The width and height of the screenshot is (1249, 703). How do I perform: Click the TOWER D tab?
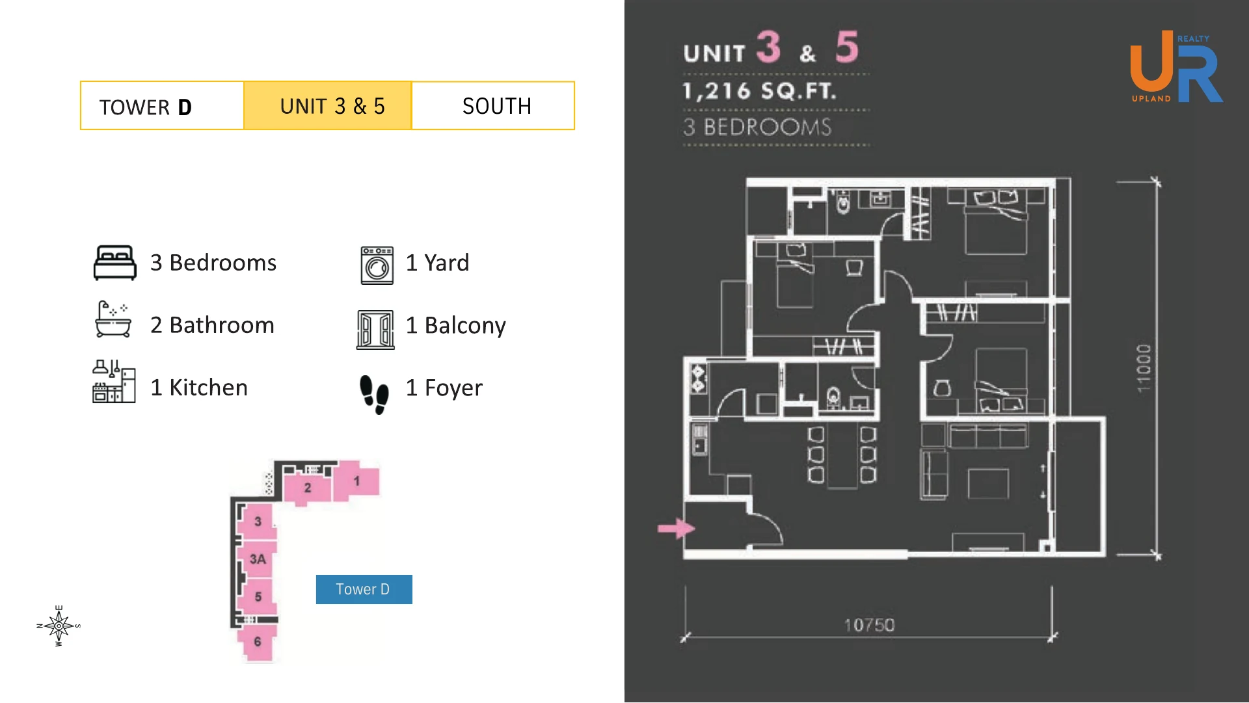point(162,106)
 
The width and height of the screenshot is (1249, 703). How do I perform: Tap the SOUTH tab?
point(493,106)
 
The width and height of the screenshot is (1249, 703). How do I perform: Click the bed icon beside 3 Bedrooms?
point(115,263)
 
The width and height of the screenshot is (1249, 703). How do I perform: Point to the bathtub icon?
point(113,319)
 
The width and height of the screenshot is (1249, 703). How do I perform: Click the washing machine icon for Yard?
point(377,265)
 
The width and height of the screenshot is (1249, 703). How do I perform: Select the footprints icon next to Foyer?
point(374,394)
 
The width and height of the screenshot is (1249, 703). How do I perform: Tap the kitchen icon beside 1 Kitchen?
point(114,382)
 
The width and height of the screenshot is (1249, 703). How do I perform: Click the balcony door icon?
point(375,330)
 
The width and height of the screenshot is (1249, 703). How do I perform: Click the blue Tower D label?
point(364,589)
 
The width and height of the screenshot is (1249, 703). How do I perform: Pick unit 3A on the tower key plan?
point(258,559)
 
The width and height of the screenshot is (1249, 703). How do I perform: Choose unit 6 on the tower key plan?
point(257,642)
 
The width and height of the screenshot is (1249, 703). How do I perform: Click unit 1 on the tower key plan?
point(356,481)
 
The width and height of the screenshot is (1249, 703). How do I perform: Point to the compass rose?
point(59,626)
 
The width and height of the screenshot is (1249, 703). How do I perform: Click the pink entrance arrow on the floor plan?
point(676,528)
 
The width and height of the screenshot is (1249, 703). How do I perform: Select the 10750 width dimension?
point(869,625)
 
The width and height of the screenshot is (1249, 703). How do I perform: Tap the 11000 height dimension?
point(1143,368)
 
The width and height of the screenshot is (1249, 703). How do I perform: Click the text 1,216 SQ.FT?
point(760,91)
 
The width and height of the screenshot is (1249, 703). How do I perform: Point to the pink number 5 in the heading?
point(847,47)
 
